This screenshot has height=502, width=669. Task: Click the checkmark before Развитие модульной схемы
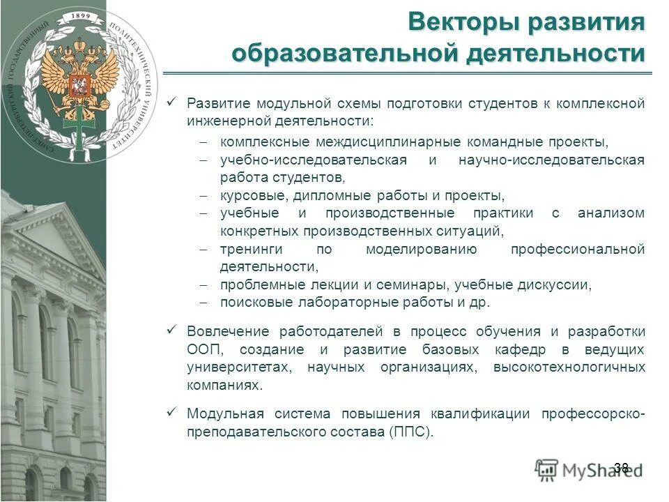tap(172, 102)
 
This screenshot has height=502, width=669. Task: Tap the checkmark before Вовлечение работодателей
tap(172, 330)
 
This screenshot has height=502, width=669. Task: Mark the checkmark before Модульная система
tap(172, 413)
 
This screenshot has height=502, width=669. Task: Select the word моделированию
tap(421, 249)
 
